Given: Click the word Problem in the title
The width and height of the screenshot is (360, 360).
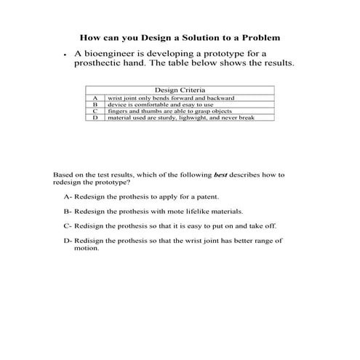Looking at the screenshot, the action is pos(260,36).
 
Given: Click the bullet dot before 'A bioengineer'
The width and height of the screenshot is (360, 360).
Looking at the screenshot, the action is pos(65,55).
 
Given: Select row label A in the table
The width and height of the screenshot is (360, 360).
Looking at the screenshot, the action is pos(95,97).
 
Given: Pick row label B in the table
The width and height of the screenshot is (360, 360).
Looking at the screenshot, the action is pos(95,103).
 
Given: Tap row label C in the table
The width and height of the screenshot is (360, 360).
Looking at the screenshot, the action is pos(95,110).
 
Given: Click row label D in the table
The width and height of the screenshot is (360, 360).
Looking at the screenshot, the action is pos(95,116).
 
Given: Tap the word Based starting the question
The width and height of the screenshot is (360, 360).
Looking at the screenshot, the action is pos(63,175).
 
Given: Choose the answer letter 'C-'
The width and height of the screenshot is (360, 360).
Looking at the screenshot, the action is pos(68,225).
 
